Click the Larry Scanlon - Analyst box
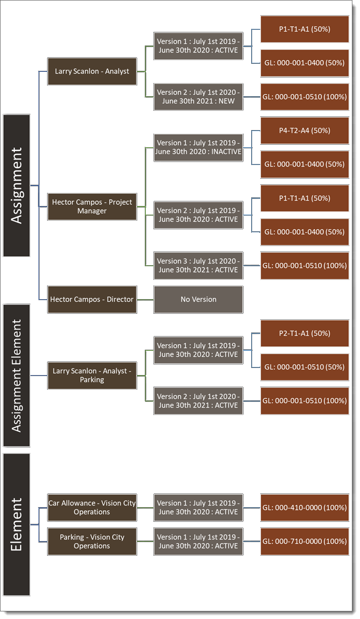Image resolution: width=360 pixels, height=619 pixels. click(92, 71)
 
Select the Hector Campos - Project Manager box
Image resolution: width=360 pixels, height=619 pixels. click(92, 207)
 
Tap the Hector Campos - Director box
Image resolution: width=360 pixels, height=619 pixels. click(92, 300)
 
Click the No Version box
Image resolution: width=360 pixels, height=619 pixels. click(198, 300)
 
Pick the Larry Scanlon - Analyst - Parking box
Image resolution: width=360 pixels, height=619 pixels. click(92, 376)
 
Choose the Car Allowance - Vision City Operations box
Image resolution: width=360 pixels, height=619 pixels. click(92, 508)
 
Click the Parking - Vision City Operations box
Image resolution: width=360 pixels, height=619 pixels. click(92, 542)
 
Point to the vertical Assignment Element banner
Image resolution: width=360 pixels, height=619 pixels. click(17, 376)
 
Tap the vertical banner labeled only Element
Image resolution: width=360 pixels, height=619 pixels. click(17, 524)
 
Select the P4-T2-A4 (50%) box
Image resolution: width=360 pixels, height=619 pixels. click(305, 131)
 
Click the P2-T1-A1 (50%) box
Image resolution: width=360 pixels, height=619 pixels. click(305, 333)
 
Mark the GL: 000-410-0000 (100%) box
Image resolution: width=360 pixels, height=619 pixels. click(305, 508)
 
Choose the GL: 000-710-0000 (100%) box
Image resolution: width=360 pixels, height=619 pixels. click(305, 542)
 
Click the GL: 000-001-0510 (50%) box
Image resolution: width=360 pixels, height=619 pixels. click(305, 367)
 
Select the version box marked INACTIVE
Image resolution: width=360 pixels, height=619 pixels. click(198, 148)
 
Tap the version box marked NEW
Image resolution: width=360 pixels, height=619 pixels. click(198, 97)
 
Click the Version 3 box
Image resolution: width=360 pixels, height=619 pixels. click(198, 266)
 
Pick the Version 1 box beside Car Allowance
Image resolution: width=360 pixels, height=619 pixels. click(198, 508)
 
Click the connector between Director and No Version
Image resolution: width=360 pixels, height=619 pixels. click(145, 300)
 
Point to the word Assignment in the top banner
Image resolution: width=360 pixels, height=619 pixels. click(17, 185)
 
